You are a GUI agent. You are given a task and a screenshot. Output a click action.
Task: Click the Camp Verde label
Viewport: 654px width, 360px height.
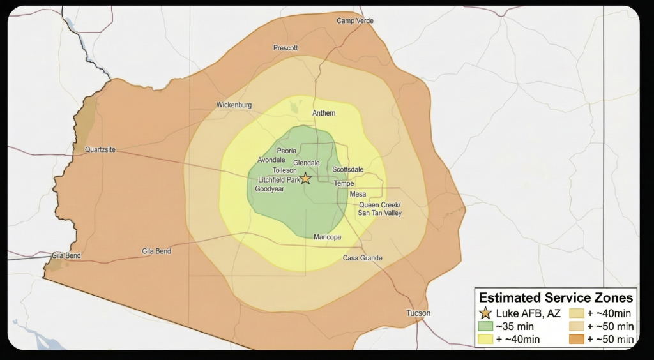(355, 21)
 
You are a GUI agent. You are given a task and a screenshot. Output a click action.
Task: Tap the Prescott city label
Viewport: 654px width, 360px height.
(285, 48)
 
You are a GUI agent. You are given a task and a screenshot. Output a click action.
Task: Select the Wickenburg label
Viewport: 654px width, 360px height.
(234, 105)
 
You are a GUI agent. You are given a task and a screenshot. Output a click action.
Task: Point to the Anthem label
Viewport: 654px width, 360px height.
(323, 113)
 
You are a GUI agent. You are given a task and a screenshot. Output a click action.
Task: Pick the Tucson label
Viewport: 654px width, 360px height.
(418, 313)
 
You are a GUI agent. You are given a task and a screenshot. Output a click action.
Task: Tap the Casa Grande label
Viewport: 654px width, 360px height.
(362, 258)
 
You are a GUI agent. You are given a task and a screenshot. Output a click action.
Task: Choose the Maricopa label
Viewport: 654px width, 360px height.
(328, 237)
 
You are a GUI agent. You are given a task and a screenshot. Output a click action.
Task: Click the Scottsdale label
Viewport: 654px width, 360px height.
(347, 169)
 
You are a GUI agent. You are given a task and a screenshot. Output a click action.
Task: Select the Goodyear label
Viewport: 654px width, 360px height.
(269, 189)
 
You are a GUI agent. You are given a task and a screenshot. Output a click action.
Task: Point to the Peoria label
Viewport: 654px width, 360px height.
(286, 151)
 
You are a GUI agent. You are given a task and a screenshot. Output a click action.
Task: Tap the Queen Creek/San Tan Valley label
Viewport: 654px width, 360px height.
(379, 209)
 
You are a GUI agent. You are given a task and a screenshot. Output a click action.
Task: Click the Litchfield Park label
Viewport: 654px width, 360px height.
(278, 180)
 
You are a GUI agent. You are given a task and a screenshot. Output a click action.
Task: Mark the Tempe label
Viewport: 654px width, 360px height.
(344, 184)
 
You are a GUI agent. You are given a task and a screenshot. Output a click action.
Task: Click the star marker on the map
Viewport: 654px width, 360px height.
(305, 178)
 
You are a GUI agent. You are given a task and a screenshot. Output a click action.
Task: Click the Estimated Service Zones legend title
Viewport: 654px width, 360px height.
(556, 297)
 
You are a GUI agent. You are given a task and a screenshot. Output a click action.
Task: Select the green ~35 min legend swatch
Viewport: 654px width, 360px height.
(485, 326)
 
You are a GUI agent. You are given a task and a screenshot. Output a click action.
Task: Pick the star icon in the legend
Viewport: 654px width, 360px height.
(485, 313)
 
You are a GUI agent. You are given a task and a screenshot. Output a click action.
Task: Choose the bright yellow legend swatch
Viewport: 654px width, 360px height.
(485, 340)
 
